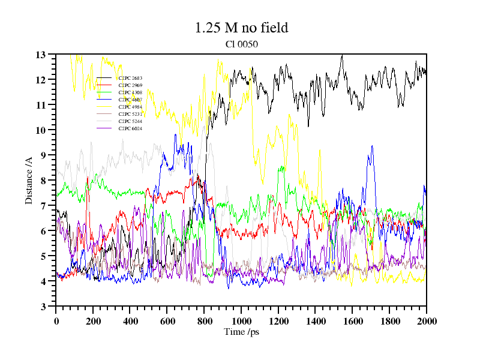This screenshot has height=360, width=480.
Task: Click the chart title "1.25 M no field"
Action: coord(241,28)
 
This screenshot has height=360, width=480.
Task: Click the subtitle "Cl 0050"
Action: coord(241,44)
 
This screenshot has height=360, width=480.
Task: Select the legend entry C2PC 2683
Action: coord(130,78)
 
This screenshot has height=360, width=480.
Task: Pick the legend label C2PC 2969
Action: coord(130,85)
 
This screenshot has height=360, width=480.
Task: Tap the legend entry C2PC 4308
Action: coord(130,92)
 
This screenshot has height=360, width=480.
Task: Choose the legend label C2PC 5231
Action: coord(130,114)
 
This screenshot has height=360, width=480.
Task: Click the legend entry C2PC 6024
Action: coord(130,128)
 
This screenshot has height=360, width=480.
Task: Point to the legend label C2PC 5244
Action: coord(130,121)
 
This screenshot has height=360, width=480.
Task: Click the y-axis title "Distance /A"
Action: coord(29,181)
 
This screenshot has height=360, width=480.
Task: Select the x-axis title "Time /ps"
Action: coord(241,331)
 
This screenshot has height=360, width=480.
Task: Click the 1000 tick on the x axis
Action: coord(241,321)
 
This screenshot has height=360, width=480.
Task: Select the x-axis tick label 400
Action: coord(130,321)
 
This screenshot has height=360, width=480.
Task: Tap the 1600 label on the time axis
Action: coord(352,321)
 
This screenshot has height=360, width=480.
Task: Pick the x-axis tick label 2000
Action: coord(426,321)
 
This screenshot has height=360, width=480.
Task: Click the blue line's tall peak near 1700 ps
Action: coord(372,146)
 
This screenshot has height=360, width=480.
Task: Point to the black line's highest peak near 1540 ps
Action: coord(341,56)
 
